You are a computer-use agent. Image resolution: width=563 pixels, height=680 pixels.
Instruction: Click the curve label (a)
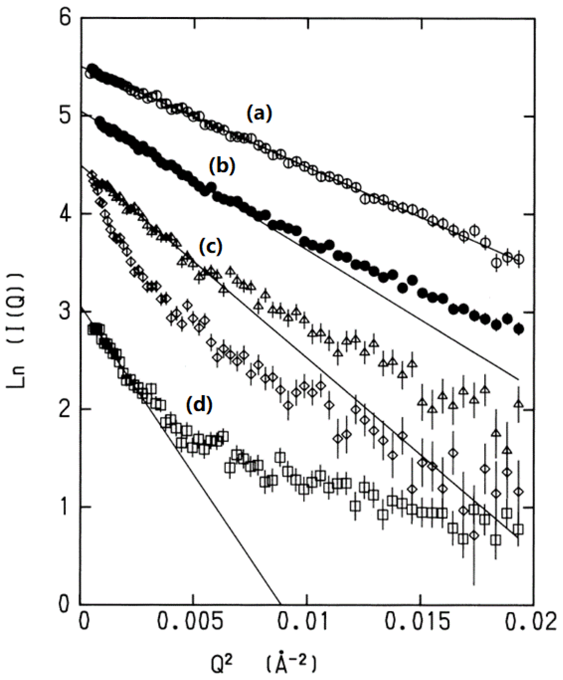(x=260, y=114)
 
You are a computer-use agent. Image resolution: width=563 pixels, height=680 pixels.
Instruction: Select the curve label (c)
(x=211, y=247)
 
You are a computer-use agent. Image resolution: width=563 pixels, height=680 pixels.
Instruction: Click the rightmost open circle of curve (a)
(x=519, y=259)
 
